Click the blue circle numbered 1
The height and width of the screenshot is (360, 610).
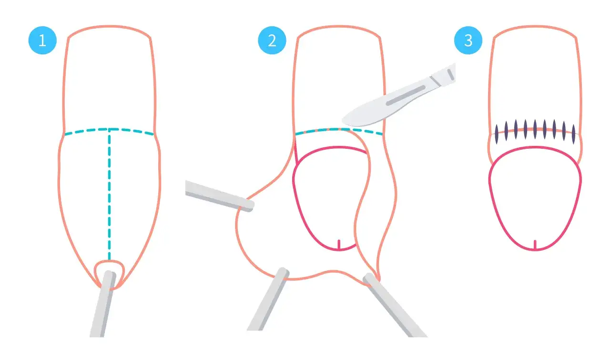coord(42,41)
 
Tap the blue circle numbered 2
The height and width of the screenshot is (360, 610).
coord(272,41)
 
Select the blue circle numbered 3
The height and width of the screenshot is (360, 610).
coord(468,41)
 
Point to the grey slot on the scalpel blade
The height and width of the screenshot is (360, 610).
coord(406,95)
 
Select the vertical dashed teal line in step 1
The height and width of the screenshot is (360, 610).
coord(109,194)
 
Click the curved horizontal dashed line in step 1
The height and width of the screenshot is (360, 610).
coord(109,130)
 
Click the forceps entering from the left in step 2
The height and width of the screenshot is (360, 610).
coord(219,195)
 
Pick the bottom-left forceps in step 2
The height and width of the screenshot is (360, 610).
coord(268,299)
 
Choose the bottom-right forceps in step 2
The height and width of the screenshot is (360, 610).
coord(395,305)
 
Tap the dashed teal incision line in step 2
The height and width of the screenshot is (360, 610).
coord(339,130)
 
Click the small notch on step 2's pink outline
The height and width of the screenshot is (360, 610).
coord(339,245)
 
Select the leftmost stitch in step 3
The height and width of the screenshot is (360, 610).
coord(497,134)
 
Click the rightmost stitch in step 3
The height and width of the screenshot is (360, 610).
coord(573,134)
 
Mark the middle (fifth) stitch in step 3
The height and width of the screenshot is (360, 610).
coord(535,129)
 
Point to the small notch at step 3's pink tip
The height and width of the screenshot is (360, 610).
coord(535,245)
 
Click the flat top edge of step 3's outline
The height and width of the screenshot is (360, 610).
coord(535,27)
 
